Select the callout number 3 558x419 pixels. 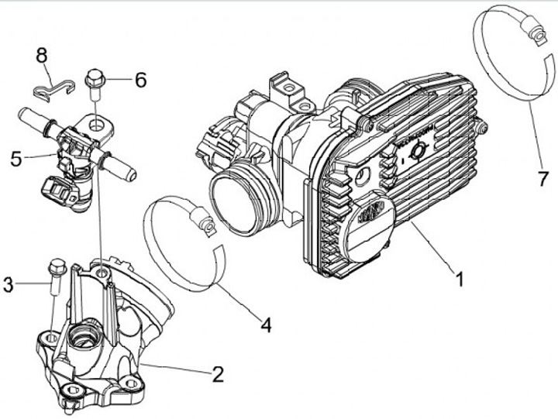tap(9, 285)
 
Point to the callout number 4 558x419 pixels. tap(266, 325)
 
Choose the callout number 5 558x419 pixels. tap(17, 159)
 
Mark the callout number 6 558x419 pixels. tap(140, 79)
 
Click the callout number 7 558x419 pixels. tap(542, 178)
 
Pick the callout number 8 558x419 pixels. tap(42, 55)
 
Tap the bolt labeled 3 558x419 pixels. tap(55, 275)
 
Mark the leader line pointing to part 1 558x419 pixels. tap(434, 246)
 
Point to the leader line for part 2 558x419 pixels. tap(174, 367)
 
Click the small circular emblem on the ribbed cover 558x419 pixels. tap(418, 152)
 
